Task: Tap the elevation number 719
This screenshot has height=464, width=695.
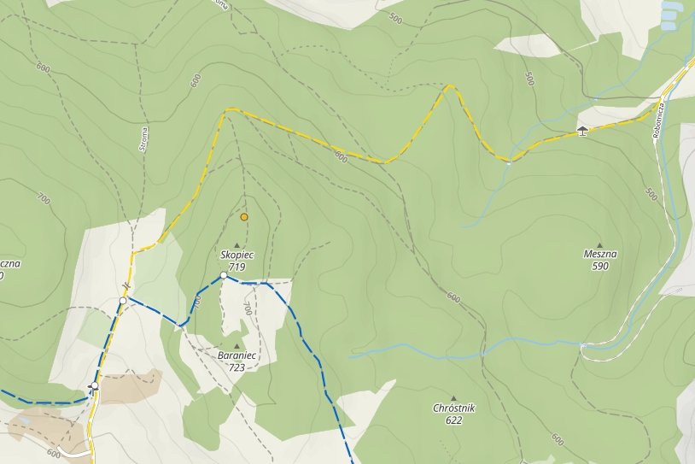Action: [x=237, y=267]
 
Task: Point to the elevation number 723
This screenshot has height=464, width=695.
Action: [x=237, y=367]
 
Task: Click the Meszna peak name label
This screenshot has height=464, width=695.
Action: [x=599, y=255]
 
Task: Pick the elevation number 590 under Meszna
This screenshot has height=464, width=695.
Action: [x=599, y=266]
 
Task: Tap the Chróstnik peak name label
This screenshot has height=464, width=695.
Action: [x=453, y=408]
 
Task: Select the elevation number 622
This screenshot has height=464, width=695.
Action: [x=453, y=420]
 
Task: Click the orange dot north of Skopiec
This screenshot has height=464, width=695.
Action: [x=244, y=217]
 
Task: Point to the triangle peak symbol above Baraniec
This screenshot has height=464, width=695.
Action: [x=237, y=346]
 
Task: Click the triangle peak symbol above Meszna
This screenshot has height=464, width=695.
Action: [x=599, y=244]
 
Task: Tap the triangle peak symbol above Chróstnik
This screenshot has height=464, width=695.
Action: [x=453, y=398]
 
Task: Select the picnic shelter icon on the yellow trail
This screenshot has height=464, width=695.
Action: [x=582, y=131]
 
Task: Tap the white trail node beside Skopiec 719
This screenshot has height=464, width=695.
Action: [x=223, y=275]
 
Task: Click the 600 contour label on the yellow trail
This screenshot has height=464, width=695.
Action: [x=341, y=156]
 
